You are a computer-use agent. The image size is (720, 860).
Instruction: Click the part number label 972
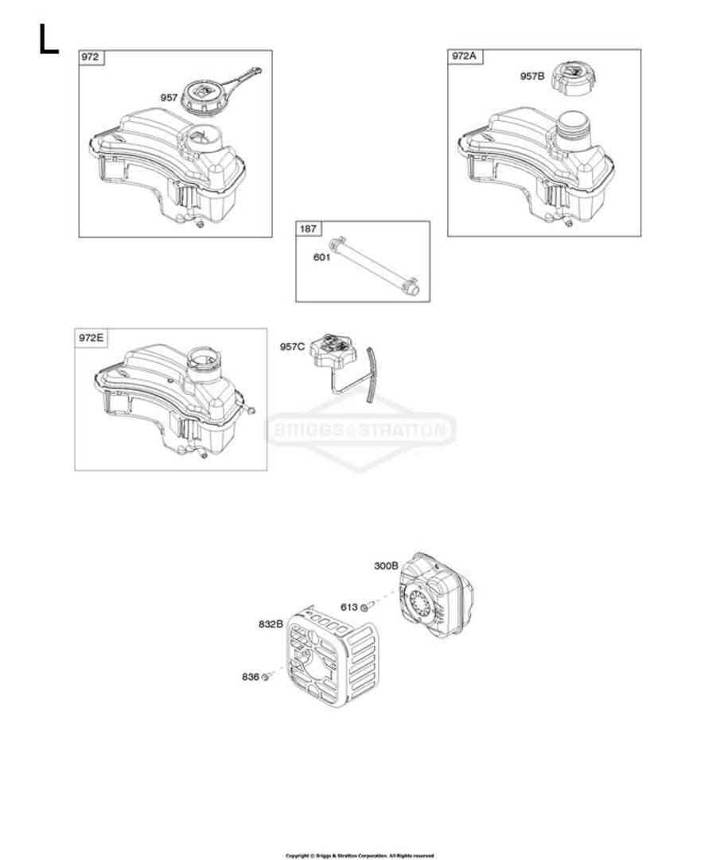pos(90,57)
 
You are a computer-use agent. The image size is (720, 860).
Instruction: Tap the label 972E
pos(91,337)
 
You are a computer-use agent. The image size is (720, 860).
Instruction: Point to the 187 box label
pos(306,229)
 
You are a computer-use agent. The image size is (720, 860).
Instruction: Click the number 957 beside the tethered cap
pos(169,97)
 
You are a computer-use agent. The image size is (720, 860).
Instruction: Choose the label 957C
pos(292,346)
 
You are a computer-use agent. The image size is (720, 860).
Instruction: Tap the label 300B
pos(386,566)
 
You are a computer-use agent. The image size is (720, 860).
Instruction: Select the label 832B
pos(270,623)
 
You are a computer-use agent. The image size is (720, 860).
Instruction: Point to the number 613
pos(348,607)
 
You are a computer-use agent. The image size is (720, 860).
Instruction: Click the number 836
pos(251,677)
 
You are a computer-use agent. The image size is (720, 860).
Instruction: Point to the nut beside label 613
pos(364,608)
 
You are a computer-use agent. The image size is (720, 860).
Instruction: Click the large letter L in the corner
pos(48,39)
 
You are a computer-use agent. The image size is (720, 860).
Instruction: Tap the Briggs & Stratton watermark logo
pos(360,432)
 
